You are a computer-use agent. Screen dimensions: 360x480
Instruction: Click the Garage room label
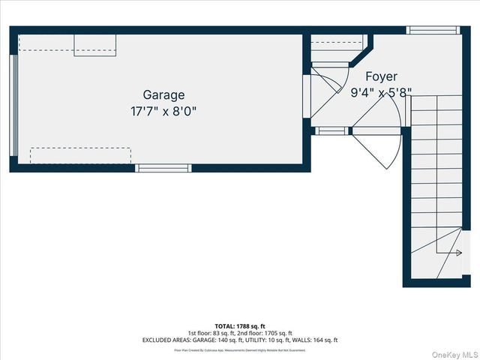[x=163, y=95]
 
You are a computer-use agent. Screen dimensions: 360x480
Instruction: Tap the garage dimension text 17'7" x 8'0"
[x=163, y=111]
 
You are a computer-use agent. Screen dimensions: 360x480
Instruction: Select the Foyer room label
[x=381, y=76]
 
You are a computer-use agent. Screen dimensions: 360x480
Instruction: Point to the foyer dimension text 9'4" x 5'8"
[x=381, y=93]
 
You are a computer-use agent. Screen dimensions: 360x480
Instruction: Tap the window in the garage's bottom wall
[x=163, y=169]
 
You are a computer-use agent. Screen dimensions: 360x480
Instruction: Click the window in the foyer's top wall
[x=433, y=31]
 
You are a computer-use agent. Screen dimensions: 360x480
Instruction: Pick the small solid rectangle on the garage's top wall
[x=94, y=45]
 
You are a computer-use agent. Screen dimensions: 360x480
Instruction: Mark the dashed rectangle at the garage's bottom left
[x=80, y=156]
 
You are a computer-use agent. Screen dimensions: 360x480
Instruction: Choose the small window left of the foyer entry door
[x=331, y=131]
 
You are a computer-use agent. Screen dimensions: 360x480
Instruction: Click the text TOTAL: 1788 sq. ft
[x=239, y=325]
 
